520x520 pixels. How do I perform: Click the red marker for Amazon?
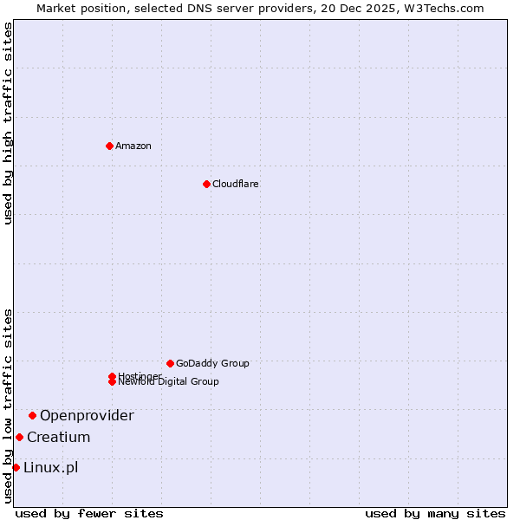click(x=109, y=146)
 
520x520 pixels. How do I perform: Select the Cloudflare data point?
click(x=206, y=184)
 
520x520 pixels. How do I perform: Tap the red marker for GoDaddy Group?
click(x=170, y=363)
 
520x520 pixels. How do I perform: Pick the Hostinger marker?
click(x=112, y=376)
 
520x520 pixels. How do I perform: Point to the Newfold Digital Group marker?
click(x=112, y=382)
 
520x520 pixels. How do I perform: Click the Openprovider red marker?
click(x=32, y=415)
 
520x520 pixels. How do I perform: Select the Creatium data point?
click(x=19, y=437)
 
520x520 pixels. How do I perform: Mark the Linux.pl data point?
click(x=16, y=468)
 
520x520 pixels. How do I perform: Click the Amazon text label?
click(x=133, y=146)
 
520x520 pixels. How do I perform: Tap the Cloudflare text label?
click(x=236, y=184)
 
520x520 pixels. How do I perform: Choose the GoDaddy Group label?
click(x=212, y=363)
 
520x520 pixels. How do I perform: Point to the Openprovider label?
click(x=87, y=415)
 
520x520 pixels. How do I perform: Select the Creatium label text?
click(x=58, y=437)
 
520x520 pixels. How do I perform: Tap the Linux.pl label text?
click(x=50, y=468)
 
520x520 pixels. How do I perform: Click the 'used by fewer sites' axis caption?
click(x=89, y=513)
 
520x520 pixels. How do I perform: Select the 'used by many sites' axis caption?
click(x=435, y=513)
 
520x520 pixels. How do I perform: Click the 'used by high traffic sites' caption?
click(x=8, y=123)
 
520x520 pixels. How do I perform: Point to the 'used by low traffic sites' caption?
click(x=8, y=406)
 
